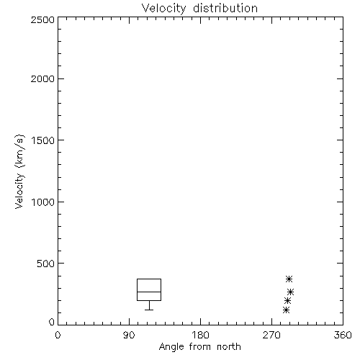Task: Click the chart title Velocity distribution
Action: click(199, 9)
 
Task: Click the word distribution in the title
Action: click(225, 9)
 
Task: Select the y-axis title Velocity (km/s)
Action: click(19, 171)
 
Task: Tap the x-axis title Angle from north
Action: click(199, 347)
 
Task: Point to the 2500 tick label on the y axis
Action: click(42, 19)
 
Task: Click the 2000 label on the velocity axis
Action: click(42, 78)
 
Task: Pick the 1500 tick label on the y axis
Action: click(43, 140)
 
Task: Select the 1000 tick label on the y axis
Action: click(43, 202)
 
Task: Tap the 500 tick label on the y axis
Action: click(46, 264)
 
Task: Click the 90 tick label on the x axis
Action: click(129, 335)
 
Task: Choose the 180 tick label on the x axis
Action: click(200, 335)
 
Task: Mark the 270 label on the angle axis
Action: click(271, 335)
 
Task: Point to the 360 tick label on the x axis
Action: click(343, 335)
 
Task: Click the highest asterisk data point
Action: click(289, 279)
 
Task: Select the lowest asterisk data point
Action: click(286, 310)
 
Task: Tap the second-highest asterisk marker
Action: click(291, 292)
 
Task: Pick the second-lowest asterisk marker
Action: click(287, 301)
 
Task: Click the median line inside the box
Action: click(149, 292)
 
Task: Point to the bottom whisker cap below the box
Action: click(149, 310)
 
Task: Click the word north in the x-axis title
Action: click(229, 347)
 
